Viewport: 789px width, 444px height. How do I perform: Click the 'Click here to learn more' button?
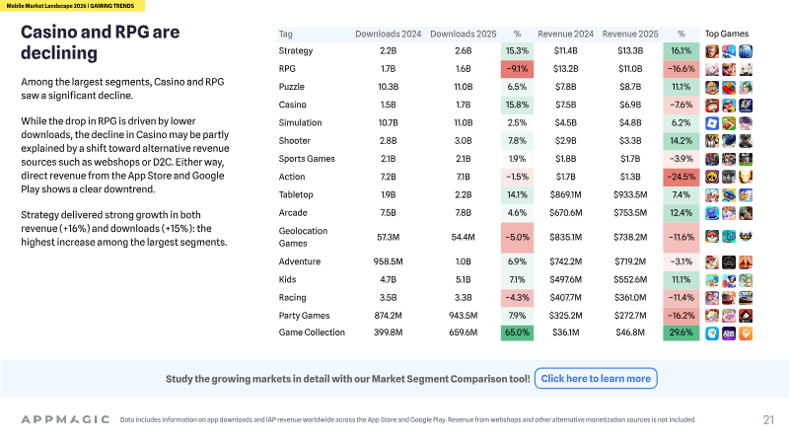(596, 379)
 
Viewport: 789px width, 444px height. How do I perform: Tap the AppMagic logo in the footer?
(65, 419)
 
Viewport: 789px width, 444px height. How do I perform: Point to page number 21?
(768, 420)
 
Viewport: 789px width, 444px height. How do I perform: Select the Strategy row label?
(295, 51)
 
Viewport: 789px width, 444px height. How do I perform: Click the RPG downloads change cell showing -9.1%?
(517, 69)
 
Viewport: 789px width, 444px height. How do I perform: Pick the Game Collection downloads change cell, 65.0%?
(517, 333)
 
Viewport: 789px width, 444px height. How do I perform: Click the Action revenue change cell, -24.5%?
(681, 177)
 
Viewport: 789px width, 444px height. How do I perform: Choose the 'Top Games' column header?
(726, 34)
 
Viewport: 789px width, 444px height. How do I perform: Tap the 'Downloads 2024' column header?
(388, 34)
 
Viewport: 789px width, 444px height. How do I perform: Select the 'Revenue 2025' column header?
(630, 34)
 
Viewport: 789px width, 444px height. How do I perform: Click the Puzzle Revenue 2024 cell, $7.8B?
(565, 87)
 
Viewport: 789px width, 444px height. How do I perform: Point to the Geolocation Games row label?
(303, 237)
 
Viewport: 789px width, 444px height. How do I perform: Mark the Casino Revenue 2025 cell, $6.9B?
(630, 105)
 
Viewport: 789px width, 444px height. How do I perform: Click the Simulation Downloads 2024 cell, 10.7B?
(388, 122)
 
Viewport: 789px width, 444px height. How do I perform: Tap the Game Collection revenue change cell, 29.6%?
(681, 333)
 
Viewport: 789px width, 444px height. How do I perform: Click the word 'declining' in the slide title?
(59, 53)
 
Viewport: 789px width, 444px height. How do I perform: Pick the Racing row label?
(292, 298)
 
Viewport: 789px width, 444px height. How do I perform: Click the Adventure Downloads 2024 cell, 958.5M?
(388, 261)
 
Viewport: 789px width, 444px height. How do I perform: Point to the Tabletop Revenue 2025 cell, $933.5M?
(630, 194)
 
